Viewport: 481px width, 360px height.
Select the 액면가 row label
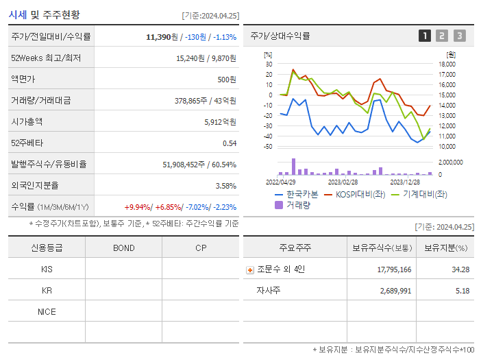25,80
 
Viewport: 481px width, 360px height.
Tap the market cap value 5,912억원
220,122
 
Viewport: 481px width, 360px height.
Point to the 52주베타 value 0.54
229,143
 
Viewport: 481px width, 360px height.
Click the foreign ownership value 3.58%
225,186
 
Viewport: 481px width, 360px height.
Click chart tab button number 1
425,36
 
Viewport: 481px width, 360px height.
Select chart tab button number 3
459,36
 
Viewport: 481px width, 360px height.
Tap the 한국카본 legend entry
296,194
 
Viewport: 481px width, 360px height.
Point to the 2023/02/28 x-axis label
343,182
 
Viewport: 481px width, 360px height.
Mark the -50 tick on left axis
268,147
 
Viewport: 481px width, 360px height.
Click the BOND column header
123,248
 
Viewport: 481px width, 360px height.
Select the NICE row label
47,312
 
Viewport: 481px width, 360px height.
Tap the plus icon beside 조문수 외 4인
250,270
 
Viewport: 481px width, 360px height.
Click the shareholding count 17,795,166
394,269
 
